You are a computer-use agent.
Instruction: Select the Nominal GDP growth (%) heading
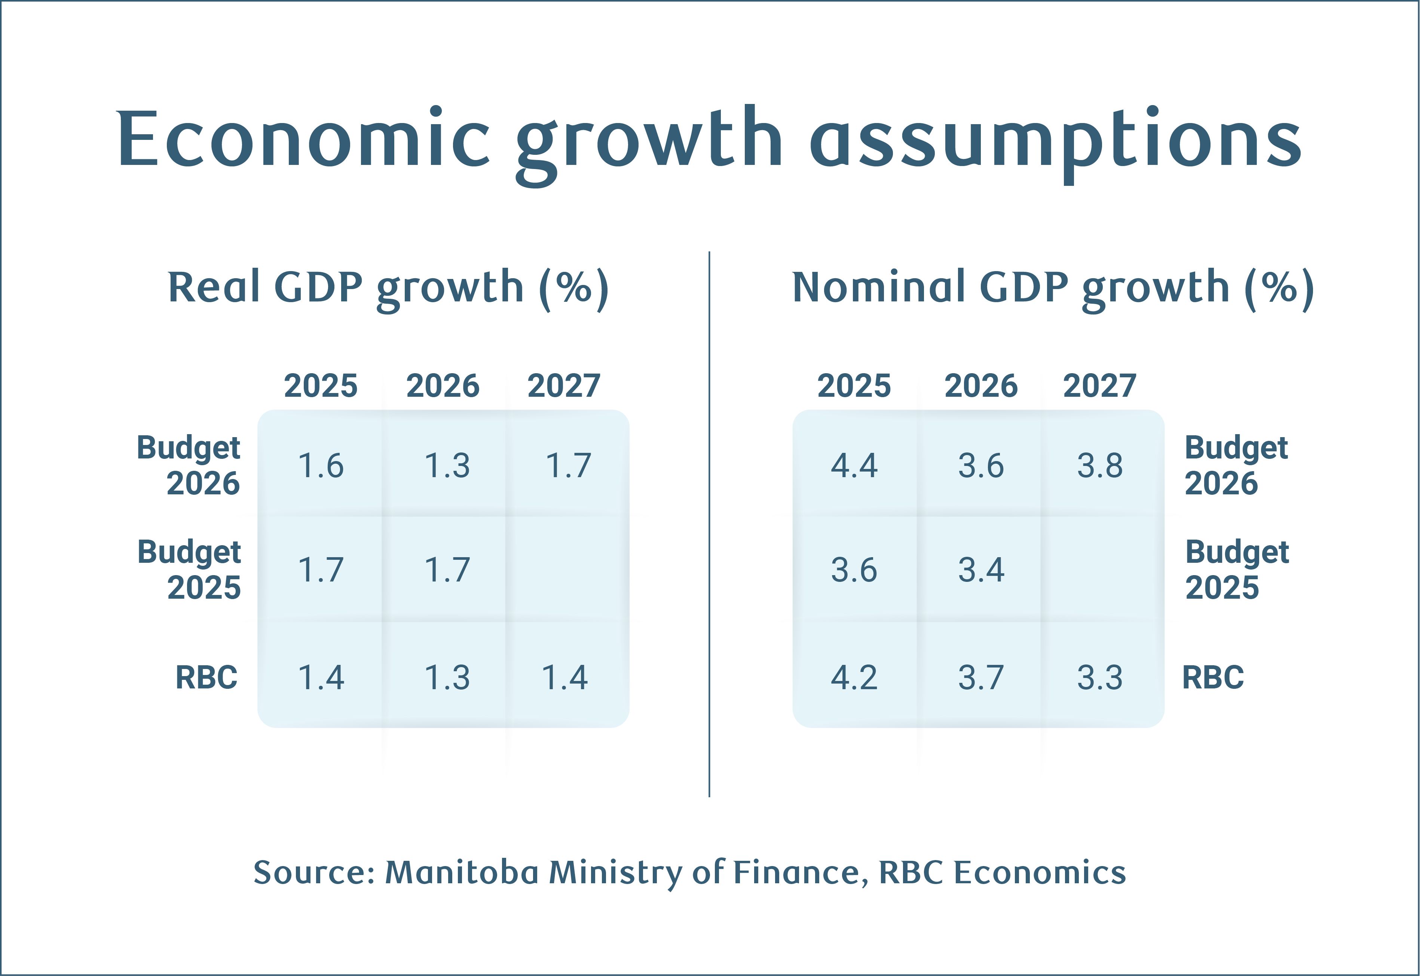point(1052,288)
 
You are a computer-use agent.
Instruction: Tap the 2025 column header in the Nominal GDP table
point(854,386)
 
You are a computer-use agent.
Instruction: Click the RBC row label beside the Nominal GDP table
point(1213,678)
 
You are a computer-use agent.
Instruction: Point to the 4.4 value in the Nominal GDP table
point(854,466)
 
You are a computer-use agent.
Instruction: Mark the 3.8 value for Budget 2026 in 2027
point(1099,466)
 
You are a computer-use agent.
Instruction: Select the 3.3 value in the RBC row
point(1099,678)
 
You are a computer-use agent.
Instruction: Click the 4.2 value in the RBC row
point(854,678)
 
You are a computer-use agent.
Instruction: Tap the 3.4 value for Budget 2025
point(981,570)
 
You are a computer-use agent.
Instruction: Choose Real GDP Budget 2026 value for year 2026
point(447,466)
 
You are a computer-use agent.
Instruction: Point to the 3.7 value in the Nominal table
point(981,678)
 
